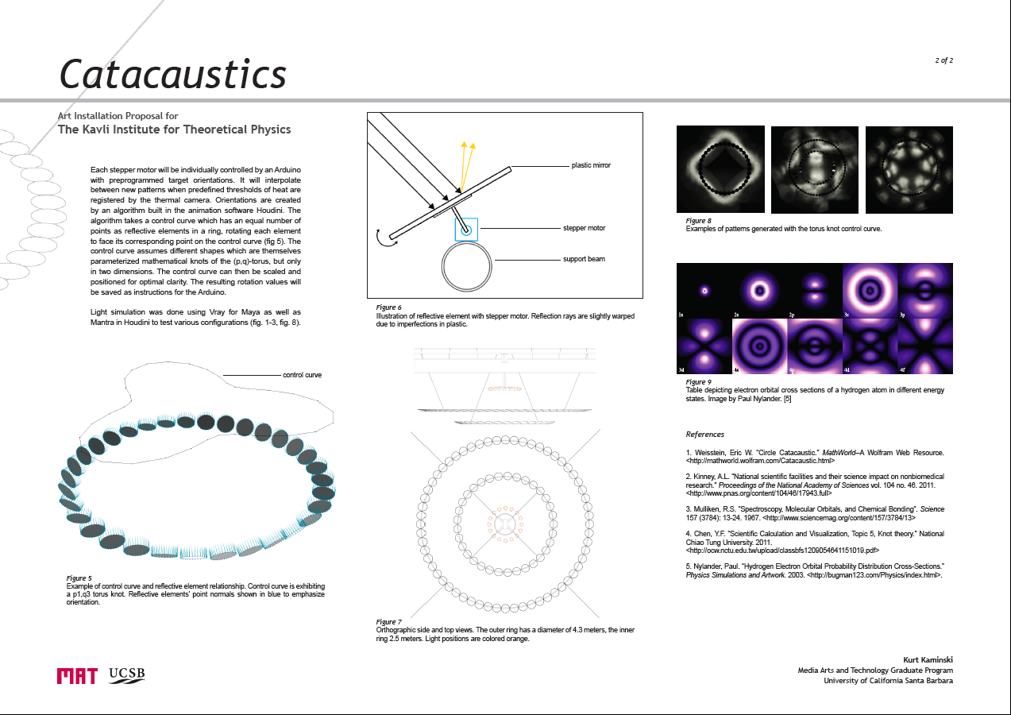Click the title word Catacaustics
tap(173, 74)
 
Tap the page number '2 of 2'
tap(943, 60)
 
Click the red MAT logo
tap(77, 676)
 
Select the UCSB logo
tap(127, 675)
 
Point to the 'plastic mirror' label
tap(591, 165)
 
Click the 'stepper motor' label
tap(584, 228)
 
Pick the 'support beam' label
tap(584, 259)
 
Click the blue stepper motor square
tap(466, 230)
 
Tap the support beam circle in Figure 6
tap(466, 267)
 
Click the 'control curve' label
tap(302, 375)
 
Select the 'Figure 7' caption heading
tap(388, 621)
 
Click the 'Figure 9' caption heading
tap(698, 382)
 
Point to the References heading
tap(705, 435)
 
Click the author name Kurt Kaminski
tap(928, 660)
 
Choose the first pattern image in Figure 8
tap(720, 169)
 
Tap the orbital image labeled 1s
tap(704, 291)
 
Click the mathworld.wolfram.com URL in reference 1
tap(760, 461)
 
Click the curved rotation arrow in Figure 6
tap(386, 238)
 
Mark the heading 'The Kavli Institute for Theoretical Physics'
tap(174, 129)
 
